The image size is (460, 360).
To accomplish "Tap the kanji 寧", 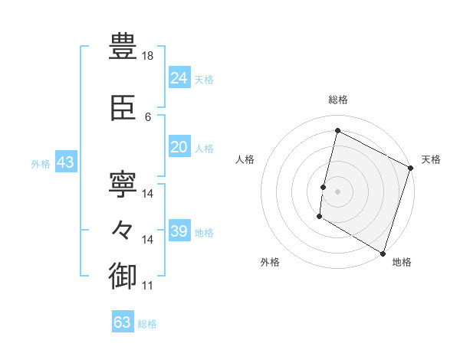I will pos(123,182).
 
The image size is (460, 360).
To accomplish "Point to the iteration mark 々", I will pos(123,228).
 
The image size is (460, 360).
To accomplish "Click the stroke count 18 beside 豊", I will pos(149,56).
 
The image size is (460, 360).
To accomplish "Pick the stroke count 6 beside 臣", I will pos(148,116).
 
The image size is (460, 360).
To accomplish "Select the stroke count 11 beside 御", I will pos(148,286).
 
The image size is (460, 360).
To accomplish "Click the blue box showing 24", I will pos(179,78).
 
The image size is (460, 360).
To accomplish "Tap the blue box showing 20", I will pos(179,147).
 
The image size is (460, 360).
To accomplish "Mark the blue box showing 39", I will pos(179,231).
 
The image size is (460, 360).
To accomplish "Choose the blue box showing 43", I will pos(65,162).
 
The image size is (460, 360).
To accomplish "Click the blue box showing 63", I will pos(123,322).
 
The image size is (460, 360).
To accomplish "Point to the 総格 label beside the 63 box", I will pos(147,324).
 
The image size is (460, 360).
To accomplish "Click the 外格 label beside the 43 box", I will pos(41,163).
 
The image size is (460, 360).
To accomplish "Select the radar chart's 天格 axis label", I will pos(431,159).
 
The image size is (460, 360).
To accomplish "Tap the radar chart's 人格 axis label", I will pos(245,159).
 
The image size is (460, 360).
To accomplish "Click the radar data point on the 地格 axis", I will pos(383,253).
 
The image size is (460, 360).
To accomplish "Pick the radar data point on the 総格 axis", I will pos(337,130).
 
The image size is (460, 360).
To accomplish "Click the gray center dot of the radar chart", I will pos(337,191).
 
